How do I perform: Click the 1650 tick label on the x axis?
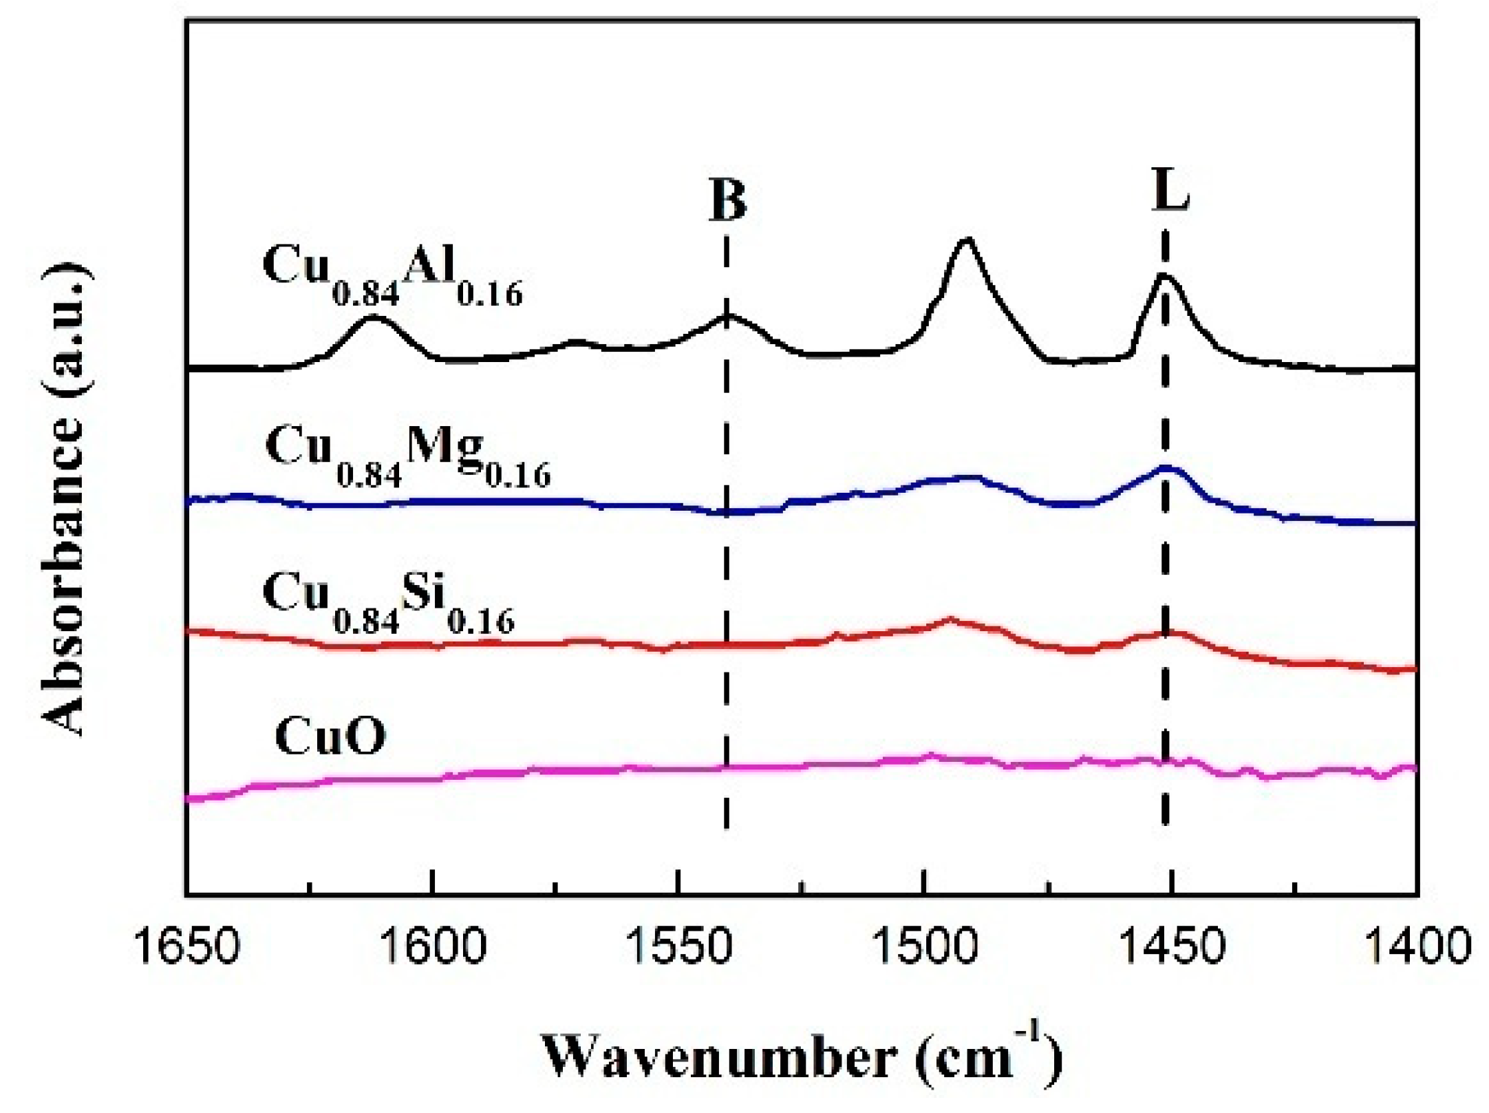point(186,946)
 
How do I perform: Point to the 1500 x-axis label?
point(924,946)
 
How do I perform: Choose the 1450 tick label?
point(1170,946)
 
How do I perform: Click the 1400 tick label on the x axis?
point(1416,946)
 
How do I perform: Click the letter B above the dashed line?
point(727,200)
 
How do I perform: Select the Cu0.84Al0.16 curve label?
point(392,275)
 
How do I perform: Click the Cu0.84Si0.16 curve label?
point(388,602)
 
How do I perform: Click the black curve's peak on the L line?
point(1164,275)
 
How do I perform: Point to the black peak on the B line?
point(727,315)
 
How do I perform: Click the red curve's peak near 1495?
point(950,618)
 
